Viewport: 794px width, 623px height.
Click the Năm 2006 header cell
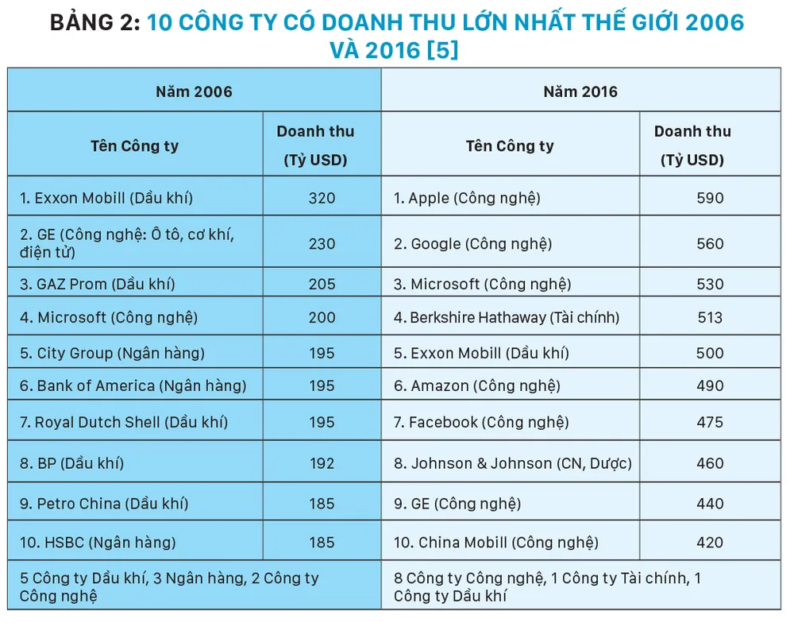194,91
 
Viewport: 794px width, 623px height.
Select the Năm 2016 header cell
580,91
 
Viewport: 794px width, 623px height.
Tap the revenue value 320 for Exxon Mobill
322,198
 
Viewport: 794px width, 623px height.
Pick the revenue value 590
710,198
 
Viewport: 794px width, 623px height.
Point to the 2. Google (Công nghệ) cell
473,243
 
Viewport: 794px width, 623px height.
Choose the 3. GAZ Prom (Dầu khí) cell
98,284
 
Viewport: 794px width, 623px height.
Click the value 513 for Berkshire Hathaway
710,318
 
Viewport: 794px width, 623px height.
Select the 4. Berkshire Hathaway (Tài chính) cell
507,318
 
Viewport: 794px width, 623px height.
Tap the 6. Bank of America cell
133,385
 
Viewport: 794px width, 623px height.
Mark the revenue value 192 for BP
322,463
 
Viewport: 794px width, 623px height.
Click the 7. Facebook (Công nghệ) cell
478,422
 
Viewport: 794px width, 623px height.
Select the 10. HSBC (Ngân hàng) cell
98,543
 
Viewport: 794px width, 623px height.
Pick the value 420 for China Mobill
710,543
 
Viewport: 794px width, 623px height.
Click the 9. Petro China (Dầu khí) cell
104,503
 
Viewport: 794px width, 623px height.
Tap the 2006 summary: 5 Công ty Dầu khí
168,586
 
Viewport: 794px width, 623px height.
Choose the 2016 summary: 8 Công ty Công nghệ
548,586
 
